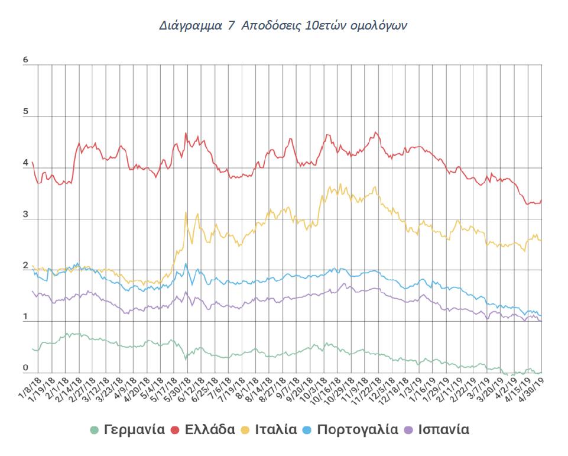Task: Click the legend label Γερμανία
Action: coord(134,429)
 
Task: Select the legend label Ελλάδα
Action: coord(211,429)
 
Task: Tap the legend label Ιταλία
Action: coord(276,429)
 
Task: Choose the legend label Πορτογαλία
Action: coord(358,429)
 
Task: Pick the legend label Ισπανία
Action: coord(443,429)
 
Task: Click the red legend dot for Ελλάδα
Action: coord(176,429)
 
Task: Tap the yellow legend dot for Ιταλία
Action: coord(246,429)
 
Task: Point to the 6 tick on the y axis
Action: coord(25,60)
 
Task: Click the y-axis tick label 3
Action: coord(25,215)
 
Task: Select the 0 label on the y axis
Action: coord(25,368)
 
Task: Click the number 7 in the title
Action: coord(231,27)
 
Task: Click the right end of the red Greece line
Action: coord(541,200)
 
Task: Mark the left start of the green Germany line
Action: coord(33,349)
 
